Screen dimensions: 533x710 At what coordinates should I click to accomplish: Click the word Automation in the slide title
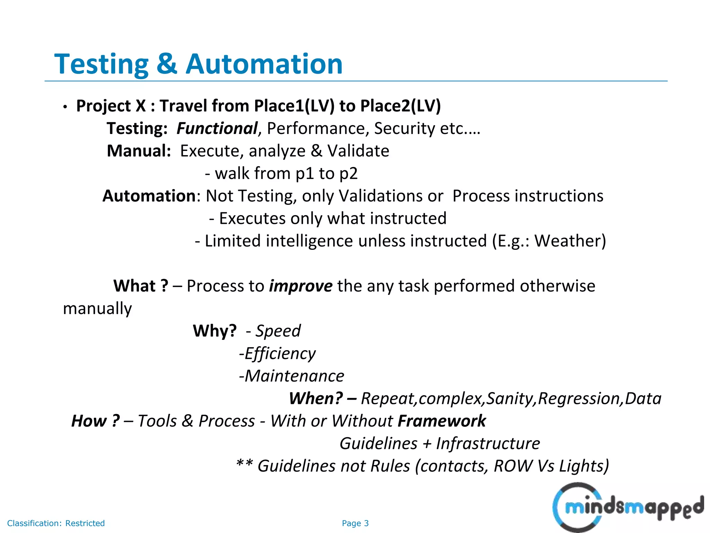coord(264,64)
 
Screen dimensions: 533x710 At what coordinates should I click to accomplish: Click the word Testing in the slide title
coord(101,65)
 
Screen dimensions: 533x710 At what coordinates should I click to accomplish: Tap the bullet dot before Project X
coord(65,107)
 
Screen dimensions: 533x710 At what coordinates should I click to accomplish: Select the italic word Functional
coord(217,129)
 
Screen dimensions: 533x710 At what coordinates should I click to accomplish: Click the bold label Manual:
coord(139,151)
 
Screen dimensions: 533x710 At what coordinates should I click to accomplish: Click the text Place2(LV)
coord(400,106)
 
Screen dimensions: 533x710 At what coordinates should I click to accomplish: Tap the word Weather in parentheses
coord(567,241)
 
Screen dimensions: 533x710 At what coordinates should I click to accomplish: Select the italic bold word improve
coord(301,286)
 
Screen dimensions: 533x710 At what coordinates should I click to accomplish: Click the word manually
coord(97,308)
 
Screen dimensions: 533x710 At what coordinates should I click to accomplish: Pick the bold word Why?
coord(215,331)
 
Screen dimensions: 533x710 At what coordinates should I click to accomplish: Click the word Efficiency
coord(280,354)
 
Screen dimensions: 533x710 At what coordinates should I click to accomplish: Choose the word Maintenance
coord(294,376)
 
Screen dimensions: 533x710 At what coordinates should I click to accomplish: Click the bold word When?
coord(316,399)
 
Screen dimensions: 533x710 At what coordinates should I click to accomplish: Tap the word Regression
coord(580,399)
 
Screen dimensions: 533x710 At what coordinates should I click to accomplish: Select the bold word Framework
coord(442,421)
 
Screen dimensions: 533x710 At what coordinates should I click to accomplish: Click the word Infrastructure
coord(488,444)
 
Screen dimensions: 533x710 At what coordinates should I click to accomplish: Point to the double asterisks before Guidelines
coord(244,464)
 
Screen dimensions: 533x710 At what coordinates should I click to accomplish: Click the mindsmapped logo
coord(627,507)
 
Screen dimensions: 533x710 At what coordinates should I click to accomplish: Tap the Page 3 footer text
coord(355,523)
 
